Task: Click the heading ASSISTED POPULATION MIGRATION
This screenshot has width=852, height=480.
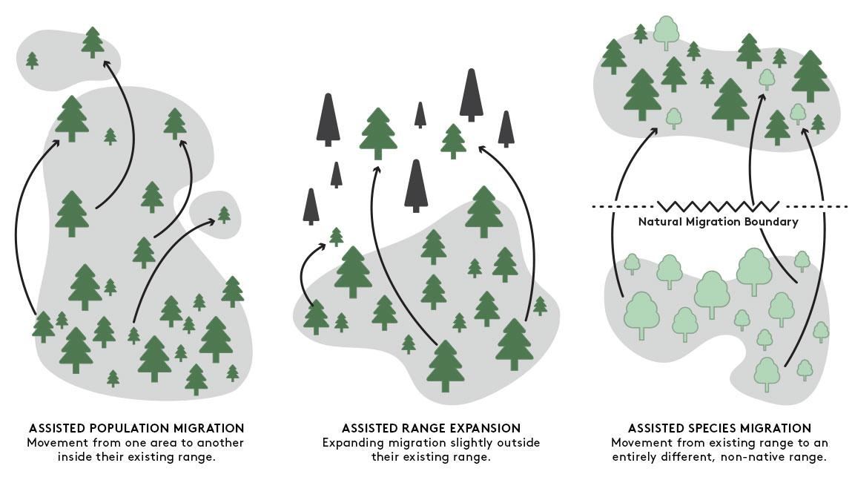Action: [136, 428]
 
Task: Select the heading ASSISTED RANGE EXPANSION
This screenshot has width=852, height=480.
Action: [431, 428]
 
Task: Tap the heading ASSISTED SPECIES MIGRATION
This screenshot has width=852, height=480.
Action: [719, 428]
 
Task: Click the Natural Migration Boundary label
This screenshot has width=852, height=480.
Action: [718, 222]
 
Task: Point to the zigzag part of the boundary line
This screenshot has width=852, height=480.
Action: [718, 206]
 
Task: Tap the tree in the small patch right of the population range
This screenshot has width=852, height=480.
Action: [224, 214]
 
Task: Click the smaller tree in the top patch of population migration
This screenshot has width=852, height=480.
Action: [32, 60]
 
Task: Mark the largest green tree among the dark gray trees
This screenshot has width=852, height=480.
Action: [378, 134]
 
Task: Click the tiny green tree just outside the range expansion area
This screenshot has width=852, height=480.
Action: [336, 237]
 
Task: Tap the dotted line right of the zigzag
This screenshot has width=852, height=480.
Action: [816, 206]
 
